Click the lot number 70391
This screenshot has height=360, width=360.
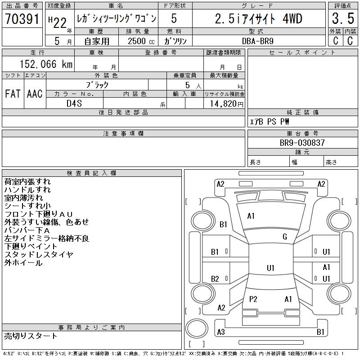22,19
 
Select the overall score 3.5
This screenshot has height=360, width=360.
342,19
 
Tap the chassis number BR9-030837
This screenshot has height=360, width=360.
302,143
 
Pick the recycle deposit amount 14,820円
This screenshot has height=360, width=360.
224,103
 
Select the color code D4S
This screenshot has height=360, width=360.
74,103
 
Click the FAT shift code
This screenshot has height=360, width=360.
13,94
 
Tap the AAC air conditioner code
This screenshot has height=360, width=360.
35,94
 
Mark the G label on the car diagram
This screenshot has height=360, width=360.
284,237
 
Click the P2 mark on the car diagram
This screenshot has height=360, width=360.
253,299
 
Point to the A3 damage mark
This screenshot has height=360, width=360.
220,332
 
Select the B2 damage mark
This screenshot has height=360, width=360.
215,279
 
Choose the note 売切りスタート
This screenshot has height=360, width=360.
31,336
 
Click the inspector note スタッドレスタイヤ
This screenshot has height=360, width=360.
39,255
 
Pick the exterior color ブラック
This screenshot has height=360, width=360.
97,85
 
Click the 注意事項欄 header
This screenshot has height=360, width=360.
123,134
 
